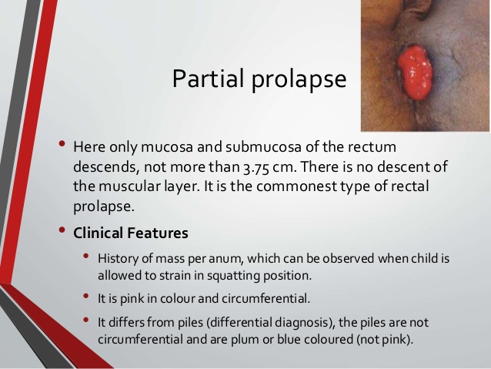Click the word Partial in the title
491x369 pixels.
208,78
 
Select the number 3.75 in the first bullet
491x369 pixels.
256,167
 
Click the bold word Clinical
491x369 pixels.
98,233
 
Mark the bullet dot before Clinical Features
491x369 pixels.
62,230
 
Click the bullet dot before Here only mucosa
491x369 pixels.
62,144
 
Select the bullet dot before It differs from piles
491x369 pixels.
86,320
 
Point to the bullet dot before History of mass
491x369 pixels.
86,256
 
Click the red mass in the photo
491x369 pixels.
415,72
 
